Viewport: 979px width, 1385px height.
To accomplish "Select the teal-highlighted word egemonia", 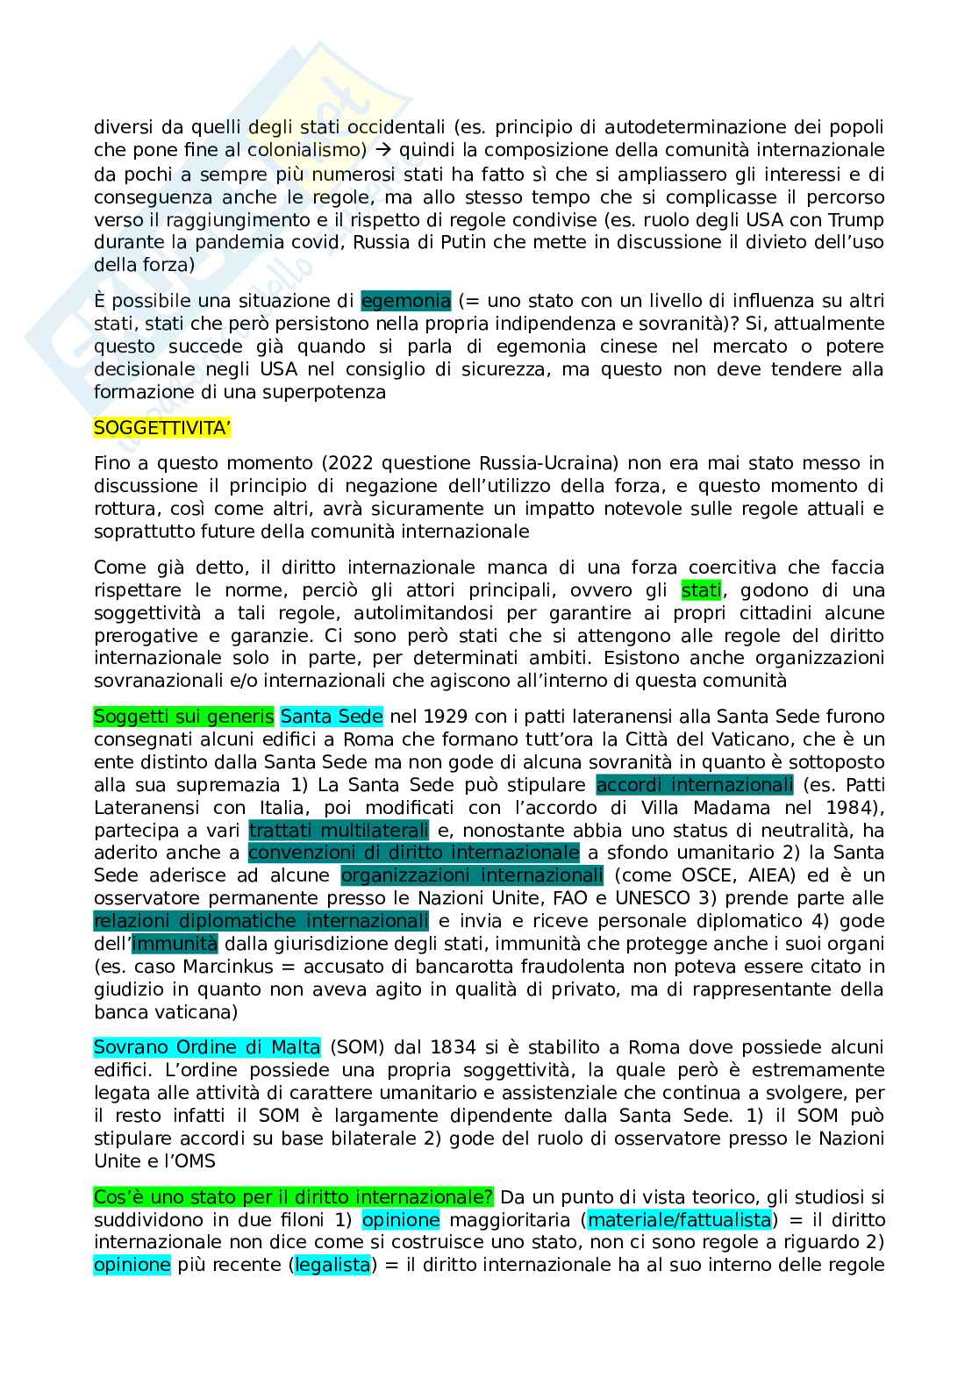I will (405, 302).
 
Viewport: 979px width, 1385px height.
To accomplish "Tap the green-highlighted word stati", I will (701, 590).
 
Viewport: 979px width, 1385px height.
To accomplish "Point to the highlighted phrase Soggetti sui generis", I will (184, 717).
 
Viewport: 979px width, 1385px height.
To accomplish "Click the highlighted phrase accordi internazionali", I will (695, 785).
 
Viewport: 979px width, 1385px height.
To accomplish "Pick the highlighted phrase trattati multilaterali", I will (339, 830).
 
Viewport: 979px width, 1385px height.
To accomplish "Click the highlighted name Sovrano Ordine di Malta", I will (207, 1047).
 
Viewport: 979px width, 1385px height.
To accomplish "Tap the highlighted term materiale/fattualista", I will (680, 1220).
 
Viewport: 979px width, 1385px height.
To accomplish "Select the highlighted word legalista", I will (332, 1266).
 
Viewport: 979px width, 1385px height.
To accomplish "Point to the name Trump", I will (857, 219).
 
